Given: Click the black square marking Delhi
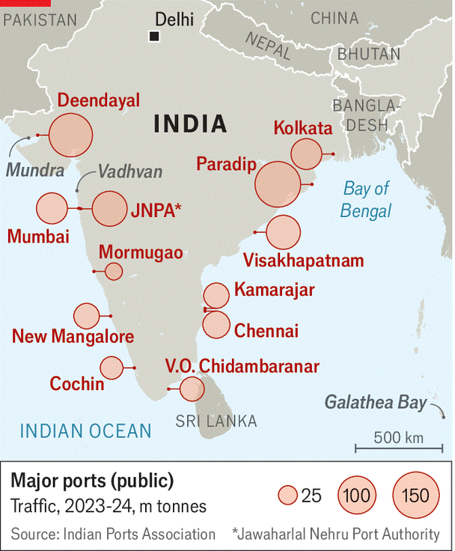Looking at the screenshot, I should coord(155,36).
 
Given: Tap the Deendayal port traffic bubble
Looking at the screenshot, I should coord(70,136).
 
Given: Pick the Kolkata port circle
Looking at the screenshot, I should coord(307,153).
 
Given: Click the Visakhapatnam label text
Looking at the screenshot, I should coord(304,261).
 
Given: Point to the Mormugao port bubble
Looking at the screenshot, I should coord(114,271).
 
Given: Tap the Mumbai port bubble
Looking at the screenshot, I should coord(52,208).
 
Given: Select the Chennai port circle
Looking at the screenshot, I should coord(216,324).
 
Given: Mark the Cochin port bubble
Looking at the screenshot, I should coord(112,368).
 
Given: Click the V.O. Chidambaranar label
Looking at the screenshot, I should coord(242,367).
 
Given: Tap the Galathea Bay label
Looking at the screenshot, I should coord(375,404).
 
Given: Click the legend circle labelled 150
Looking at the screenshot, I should coord(415,495).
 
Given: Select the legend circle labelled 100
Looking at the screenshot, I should coord(358,495).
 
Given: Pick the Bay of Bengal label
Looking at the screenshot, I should coord(366,200).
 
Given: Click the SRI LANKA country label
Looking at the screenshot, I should coord(216,421).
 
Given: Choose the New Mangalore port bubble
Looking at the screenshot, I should coord(86,315).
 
